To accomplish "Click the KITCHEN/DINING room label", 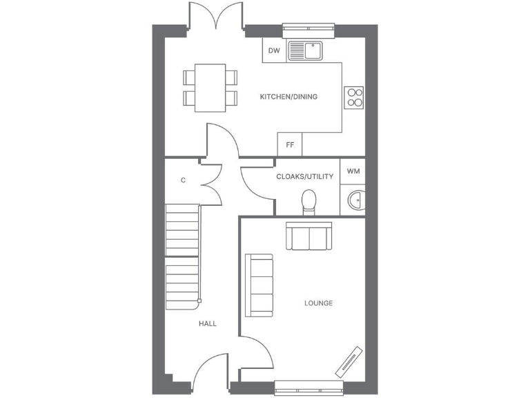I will (288, 97).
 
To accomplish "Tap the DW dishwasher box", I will (274, 50).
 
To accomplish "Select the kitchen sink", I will (305, 50).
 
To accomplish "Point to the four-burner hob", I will (355, 97).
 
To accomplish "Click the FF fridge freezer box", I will (290, 144).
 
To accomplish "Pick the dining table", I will (210, 87).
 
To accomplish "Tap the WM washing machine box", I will (353, 171).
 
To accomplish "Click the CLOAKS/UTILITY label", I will (304, 176).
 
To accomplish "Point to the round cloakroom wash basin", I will (356, 200).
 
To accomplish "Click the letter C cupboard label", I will (183, 180).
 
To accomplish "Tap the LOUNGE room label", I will (318, 303).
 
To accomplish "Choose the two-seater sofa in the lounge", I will (309, 236).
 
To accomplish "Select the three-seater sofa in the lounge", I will (259, 285).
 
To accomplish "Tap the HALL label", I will (208, 323).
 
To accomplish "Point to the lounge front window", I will (308, 387).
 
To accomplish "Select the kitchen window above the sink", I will (308, 29).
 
